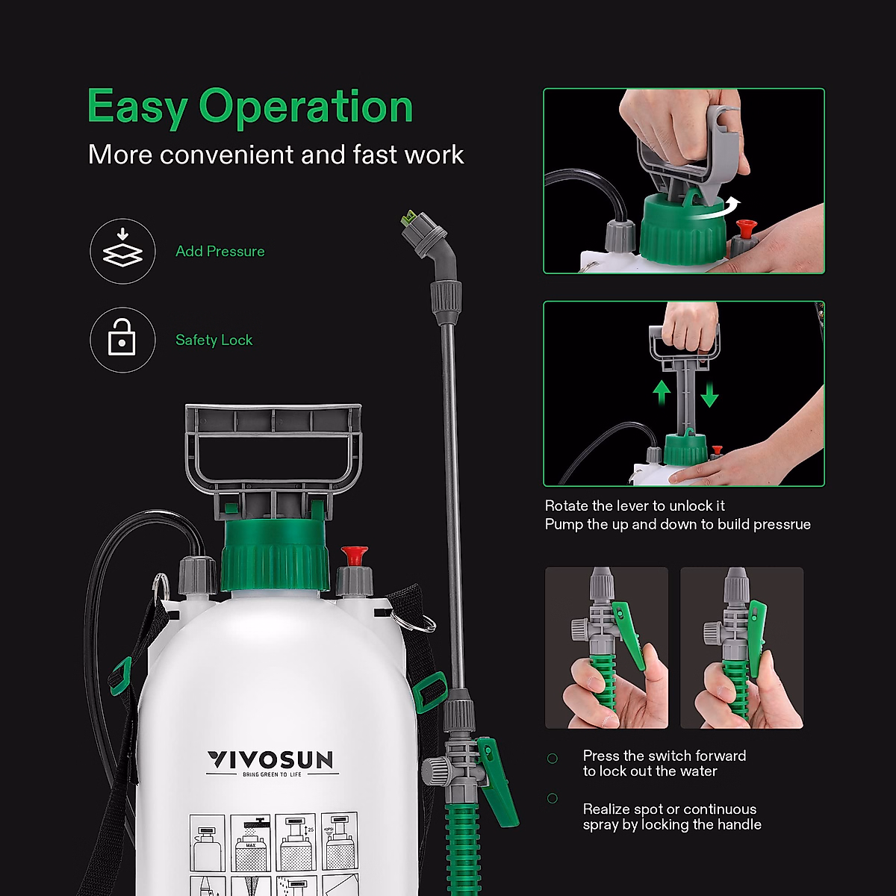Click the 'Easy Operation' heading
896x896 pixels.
(x=250, y=107)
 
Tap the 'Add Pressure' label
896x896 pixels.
(x=220, y=252)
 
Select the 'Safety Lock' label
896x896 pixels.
(x=214, y=340)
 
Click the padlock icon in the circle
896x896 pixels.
(x=122, y=340)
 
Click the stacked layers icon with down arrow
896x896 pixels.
(x=122, y=251)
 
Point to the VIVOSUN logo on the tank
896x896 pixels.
(x=270, y=760)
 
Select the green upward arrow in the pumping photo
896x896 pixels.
(x=662, y=393)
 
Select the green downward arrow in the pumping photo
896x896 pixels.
(x=709, y=393)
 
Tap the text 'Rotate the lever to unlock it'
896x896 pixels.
(x=635, y=505)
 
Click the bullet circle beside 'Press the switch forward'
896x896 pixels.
(x=553, y=759)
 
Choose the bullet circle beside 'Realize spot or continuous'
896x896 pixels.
(x=553, y=798)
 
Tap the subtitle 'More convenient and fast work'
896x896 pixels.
(x=276, y=155)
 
